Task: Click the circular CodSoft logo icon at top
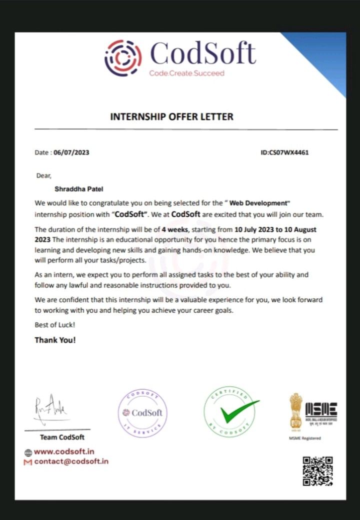tap(123, 58)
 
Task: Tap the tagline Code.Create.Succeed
tap(186, 73)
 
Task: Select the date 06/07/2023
tap(71, 152)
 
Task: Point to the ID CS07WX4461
tap(284, 152)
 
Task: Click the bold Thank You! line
tap(55, 340)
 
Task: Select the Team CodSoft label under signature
tap(62, 438)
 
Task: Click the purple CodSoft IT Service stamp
tap(142, 413)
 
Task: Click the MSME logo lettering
tap(321, 411)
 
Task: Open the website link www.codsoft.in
tap(64, 452)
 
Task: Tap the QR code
tap(318, 471)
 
